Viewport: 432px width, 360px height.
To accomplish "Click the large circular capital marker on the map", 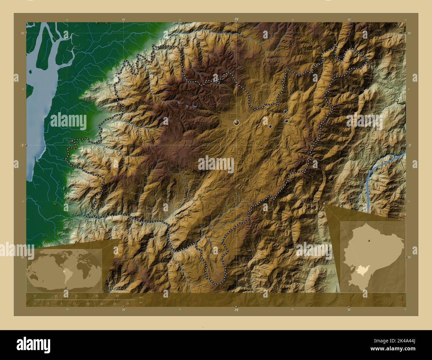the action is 236,123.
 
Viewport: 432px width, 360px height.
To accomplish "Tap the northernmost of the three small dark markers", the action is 285,112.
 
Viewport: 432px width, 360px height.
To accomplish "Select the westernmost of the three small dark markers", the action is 270,126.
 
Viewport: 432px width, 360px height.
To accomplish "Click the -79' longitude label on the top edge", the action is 236,20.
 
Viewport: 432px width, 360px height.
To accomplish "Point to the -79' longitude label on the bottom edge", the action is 236,310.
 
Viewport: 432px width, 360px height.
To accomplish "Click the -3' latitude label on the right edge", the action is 410,145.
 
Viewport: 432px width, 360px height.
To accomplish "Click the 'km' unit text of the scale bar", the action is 141,297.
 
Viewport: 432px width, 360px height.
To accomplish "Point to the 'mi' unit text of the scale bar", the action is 141,303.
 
